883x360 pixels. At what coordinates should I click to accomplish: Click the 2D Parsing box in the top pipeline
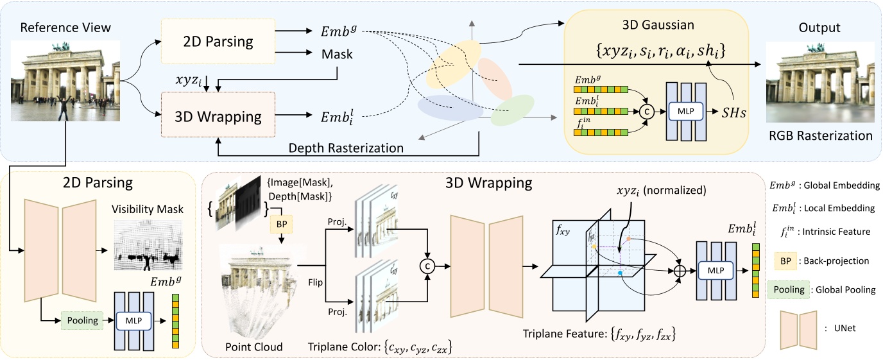coord(219,42)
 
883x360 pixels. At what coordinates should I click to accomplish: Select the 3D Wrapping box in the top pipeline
coord(219,117)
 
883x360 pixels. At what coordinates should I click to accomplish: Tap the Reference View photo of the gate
coord(66,78)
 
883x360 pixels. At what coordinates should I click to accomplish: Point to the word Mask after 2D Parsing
coord(338,55)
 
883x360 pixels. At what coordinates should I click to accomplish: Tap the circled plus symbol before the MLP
coord(680,271)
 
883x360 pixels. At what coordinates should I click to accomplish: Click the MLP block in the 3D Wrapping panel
coord(715,271)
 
